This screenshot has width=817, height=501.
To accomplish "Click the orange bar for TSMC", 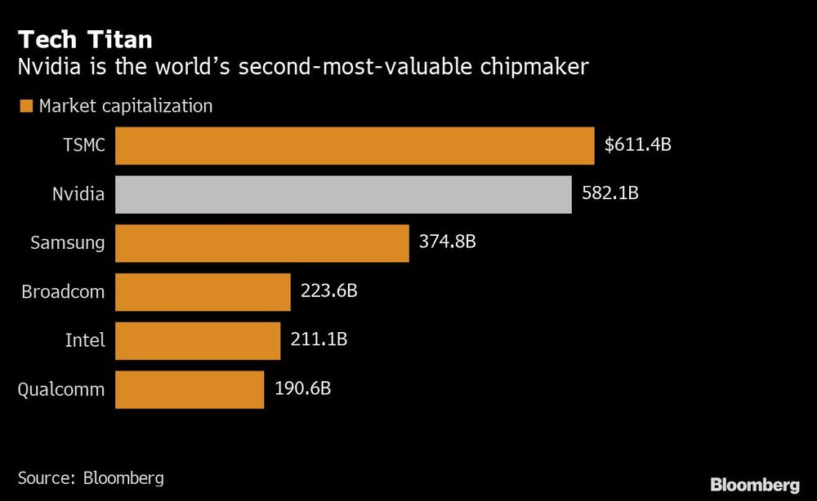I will (355, 146).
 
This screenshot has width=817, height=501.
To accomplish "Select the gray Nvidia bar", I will (343, 195).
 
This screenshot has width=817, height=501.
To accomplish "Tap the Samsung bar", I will (261, 243).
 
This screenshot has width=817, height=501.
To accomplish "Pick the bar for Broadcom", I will (203, 292).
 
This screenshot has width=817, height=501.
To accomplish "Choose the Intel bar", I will (198, 340).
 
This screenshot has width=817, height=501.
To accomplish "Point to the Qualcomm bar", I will (190, 389).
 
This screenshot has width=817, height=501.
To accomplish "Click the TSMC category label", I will (84, 146).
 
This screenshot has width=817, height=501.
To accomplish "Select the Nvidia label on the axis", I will (78, 195).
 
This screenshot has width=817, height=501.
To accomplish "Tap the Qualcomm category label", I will (61, 389).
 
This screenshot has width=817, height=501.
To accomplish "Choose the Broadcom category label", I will (63, 292).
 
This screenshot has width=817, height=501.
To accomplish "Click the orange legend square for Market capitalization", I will (25, 106).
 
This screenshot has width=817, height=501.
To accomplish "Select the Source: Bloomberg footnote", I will (91, 477).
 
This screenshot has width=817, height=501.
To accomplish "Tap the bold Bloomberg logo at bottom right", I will (756, 485).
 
